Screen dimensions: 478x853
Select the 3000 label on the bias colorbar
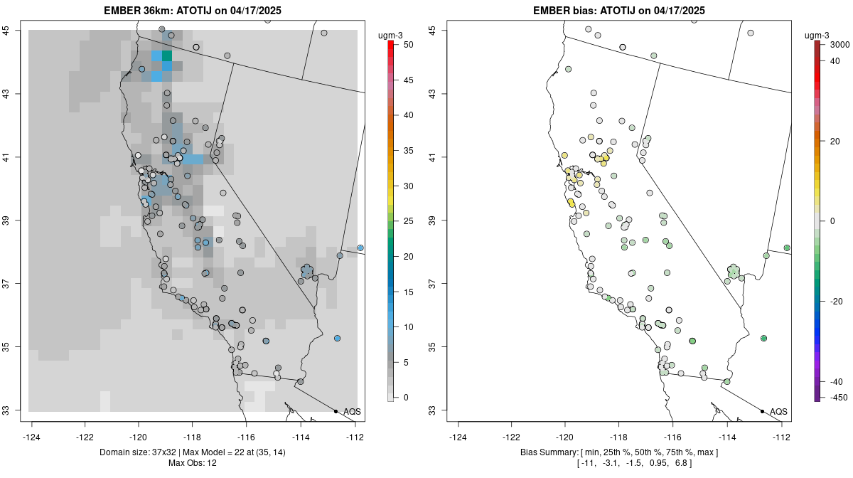coord(839,44)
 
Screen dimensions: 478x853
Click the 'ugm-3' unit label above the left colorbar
coord(391,33)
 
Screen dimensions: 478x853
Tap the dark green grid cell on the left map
coord(167,55)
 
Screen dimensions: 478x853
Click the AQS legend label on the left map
coord(352,411)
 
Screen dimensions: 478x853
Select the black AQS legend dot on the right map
coord(762,411)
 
